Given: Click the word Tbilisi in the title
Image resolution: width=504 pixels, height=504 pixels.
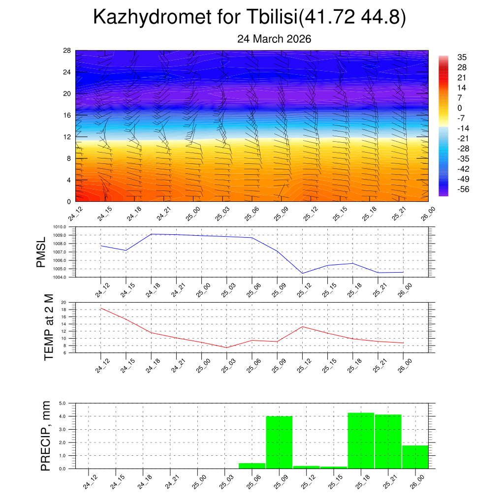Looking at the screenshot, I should pyautogui.click(x=270, y=18).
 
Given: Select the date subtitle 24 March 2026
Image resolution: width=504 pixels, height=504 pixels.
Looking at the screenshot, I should pyautogui.click(x=274, y=39).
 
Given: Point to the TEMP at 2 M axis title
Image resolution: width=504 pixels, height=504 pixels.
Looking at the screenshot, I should pyautogui.click(x=48, y=327).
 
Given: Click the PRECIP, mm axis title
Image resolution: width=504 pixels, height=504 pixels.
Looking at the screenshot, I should pyautogui.click(x=46, y=436).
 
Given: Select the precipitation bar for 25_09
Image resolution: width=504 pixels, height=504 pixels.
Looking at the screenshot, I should pyautogui.click(x=279, y=442).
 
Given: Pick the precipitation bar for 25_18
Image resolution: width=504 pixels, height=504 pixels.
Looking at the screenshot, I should pyautogui.click(x=361, y=441).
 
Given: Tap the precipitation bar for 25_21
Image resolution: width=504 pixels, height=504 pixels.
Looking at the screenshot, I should pyautogui.click(x=388, y=441).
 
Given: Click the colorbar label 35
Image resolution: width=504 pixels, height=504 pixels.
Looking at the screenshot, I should pyautogui.click(x=462, y=57).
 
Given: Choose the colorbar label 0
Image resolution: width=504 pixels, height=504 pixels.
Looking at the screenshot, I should pyautogui.click(x=460, y=108).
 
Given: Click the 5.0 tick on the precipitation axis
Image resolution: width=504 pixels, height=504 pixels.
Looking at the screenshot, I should pyautogui.click(x=63, y=403).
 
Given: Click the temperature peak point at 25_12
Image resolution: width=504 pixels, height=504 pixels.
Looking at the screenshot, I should pyautogui.click(x=302, y=326).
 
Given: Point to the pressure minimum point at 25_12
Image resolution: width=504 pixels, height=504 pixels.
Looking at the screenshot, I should pyautogui.click(x=302, y=273).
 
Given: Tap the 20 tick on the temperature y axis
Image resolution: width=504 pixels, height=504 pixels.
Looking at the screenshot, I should pyautogui.click(x=63, y=302).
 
